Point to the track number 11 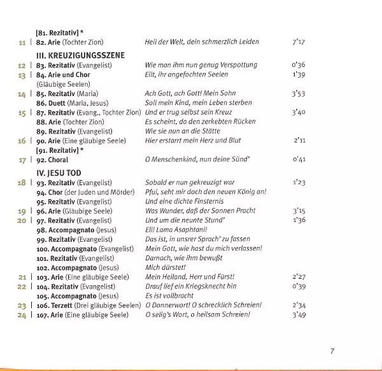click(22, 42)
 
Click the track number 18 click(22, 183)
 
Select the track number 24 click(22, 314)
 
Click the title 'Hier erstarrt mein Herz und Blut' click(194, 140)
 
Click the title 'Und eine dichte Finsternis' click(186, 201)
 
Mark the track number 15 click(22, 113)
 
